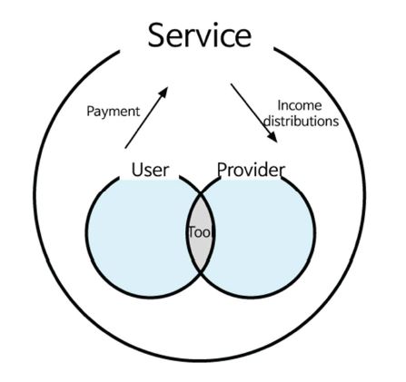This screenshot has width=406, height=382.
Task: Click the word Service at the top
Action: tap(200, 35)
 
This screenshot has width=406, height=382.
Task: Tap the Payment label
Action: tap(114, 112)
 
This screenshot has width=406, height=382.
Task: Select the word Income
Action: tap(300, 105)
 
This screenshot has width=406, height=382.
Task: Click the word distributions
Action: tap(301, 121)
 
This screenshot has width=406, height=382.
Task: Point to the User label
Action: tap(150, 170)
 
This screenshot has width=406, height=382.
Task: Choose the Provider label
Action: tap(251, 170)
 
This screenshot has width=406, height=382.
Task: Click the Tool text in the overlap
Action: tap(201, 232)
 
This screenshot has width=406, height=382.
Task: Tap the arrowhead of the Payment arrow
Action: tap(163, 93)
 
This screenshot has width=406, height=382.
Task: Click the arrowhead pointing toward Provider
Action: tap(272, 137)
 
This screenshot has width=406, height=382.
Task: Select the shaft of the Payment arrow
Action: tap(146, 118)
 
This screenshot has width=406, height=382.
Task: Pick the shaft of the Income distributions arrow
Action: tap(254, 113)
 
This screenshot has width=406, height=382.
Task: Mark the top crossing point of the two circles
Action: tap(201, 193)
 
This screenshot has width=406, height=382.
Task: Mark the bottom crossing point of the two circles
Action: tap(201, 273)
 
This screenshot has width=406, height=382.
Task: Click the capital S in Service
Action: tap(156, 35)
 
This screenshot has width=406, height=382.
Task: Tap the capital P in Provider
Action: tap(222, 170)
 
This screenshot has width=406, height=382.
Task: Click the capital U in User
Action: tap(137, 170)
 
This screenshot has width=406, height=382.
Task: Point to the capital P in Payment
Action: tap(91, 111)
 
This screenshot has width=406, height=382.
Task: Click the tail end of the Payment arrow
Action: tap(125, 148)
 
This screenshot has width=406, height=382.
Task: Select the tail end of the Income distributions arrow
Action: tap(231, 84)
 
